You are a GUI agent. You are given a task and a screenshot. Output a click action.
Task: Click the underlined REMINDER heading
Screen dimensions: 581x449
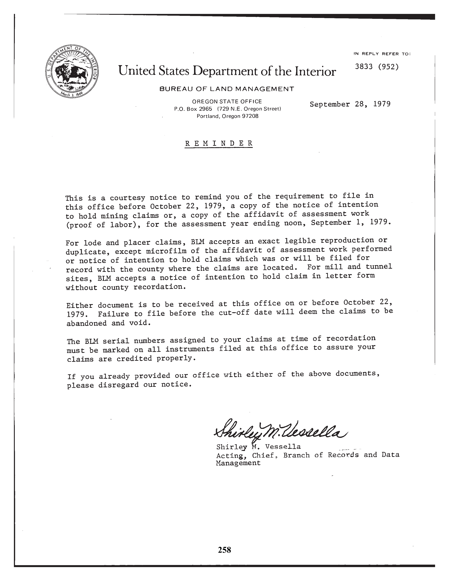pyautogui.click(x=219, y=143)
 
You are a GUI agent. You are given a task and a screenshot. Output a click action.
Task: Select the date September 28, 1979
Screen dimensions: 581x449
pyautogui.click(x=350, y=104)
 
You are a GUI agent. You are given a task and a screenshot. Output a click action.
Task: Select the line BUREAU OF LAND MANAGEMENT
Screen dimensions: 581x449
pyautogui.click(x=227, y=89)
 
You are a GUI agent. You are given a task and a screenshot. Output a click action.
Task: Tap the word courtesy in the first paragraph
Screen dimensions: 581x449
pyautogui.click(x=127, y=198)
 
